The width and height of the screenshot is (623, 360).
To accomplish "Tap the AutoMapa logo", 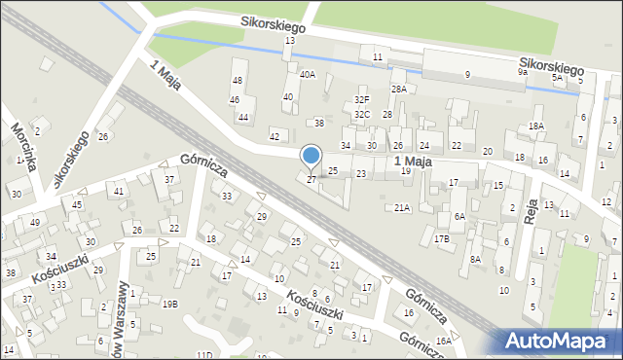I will click(562, 341).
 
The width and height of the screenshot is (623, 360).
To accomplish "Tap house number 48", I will click(238, 80).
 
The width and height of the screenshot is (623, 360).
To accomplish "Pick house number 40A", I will click(308, 74).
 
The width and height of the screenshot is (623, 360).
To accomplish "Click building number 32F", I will click(362, 99).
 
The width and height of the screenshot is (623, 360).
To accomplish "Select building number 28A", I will click(399, 89).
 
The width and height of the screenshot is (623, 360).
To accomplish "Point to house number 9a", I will click(523, 72).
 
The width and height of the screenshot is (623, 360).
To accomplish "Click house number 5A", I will click(557, 77).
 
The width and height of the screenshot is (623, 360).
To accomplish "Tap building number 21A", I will click(402, 207).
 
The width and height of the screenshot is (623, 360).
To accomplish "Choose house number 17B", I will click(442, 238).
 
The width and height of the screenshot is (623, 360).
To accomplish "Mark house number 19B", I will click(169, 304).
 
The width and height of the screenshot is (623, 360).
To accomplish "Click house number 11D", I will click(203, 355).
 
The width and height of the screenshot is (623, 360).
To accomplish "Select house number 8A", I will click(475, 259).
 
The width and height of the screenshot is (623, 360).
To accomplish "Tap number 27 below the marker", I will click(311, 180).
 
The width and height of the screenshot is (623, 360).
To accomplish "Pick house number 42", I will click(275, 136).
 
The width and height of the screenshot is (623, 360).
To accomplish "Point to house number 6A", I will click(459, 216).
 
